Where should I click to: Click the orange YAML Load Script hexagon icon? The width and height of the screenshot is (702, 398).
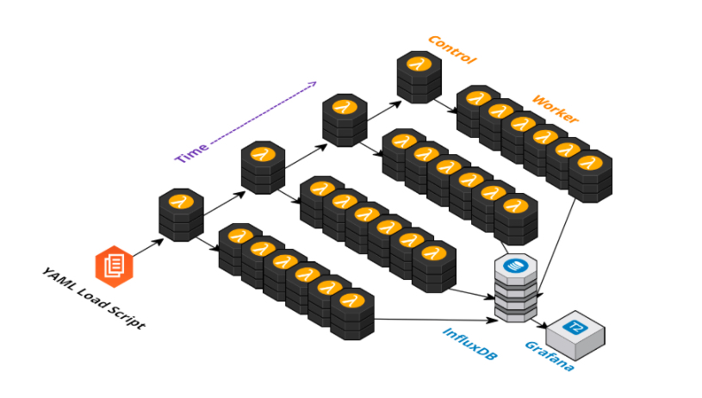coord(115,266)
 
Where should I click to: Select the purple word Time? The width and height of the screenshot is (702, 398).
coord(191,152)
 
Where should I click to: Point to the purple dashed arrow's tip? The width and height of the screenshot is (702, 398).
coord(316,83)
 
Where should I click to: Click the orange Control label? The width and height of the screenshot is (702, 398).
coord(452,50)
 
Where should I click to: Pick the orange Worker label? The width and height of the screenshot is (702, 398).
coord(556,109)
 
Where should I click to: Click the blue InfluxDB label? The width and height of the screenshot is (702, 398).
coord(470,344)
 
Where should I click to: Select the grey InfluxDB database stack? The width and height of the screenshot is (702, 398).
coord(516,288)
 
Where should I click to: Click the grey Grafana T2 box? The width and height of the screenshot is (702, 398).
coord(575,335)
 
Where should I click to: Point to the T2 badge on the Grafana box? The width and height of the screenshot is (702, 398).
coord(575,326)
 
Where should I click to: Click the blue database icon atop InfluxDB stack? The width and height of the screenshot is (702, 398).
coord(516,265)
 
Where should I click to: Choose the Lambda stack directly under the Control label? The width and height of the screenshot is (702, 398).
coord(419,77)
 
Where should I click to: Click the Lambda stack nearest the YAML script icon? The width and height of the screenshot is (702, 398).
coord(182,215)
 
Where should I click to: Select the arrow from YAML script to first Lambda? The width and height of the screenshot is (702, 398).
coord(148,248)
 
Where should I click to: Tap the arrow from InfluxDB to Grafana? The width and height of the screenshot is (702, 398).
coord(539,324)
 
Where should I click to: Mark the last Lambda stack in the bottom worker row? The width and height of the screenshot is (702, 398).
coord(352,314)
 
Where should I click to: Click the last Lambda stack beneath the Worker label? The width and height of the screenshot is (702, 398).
coord(590,176)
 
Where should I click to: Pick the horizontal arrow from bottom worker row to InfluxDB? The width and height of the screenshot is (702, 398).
coord(436,320)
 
